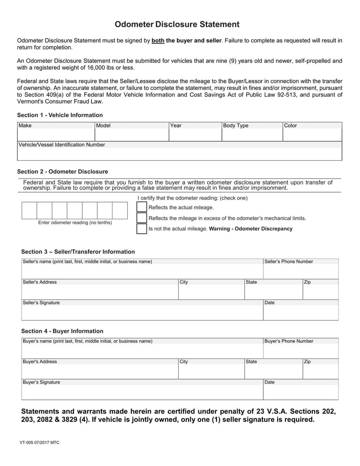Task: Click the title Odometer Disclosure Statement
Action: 177,24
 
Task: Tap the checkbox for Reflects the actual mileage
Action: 142,207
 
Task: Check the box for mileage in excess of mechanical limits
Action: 142,218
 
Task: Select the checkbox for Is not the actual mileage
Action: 142,229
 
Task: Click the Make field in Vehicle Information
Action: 56,135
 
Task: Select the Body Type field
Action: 252,135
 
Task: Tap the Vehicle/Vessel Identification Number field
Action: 180,154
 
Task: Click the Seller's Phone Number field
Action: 300,271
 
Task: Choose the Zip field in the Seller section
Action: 320,292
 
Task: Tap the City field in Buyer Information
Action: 211,371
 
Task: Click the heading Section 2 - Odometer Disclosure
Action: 63,172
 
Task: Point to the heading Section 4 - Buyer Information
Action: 62,331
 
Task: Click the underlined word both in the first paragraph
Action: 158,41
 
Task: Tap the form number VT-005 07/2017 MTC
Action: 39,443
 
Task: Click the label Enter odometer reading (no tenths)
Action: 75,222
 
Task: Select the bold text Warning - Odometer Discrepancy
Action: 251,229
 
